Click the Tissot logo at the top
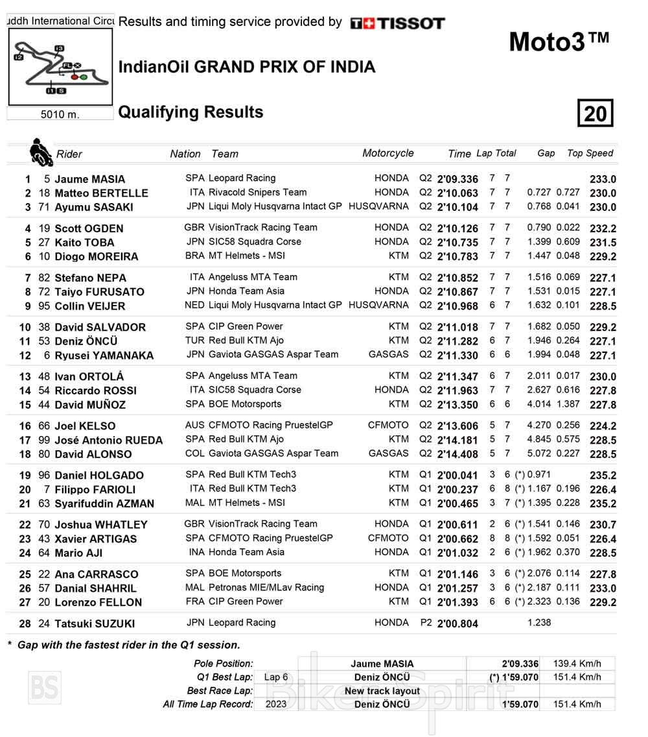(x=397, y=23)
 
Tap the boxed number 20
(x=595, y=114)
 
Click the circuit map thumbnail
(x=60, y=67)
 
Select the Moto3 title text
(x=559, y=42)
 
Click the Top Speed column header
(x=590, y=153)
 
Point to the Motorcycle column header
(x=388, y=153)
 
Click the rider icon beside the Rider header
(x=40, y=152)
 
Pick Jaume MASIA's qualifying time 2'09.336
(x=457, y=179)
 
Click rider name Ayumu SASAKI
(x=93, y=207)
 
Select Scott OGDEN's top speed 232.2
(x=603, y=228)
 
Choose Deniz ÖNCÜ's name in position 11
(x=86, y=341)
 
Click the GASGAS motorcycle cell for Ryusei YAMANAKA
(x=388, y=354)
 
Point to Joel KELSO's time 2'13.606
(x=457, y=426)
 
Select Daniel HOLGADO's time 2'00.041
(x=457, y=476)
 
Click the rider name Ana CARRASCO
(x=96, y=574)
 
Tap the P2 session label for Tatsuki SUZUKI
(x=425, y=623)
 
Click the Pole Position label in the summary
(x=223, y=663)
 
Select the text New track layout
(x=382, y=691)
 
